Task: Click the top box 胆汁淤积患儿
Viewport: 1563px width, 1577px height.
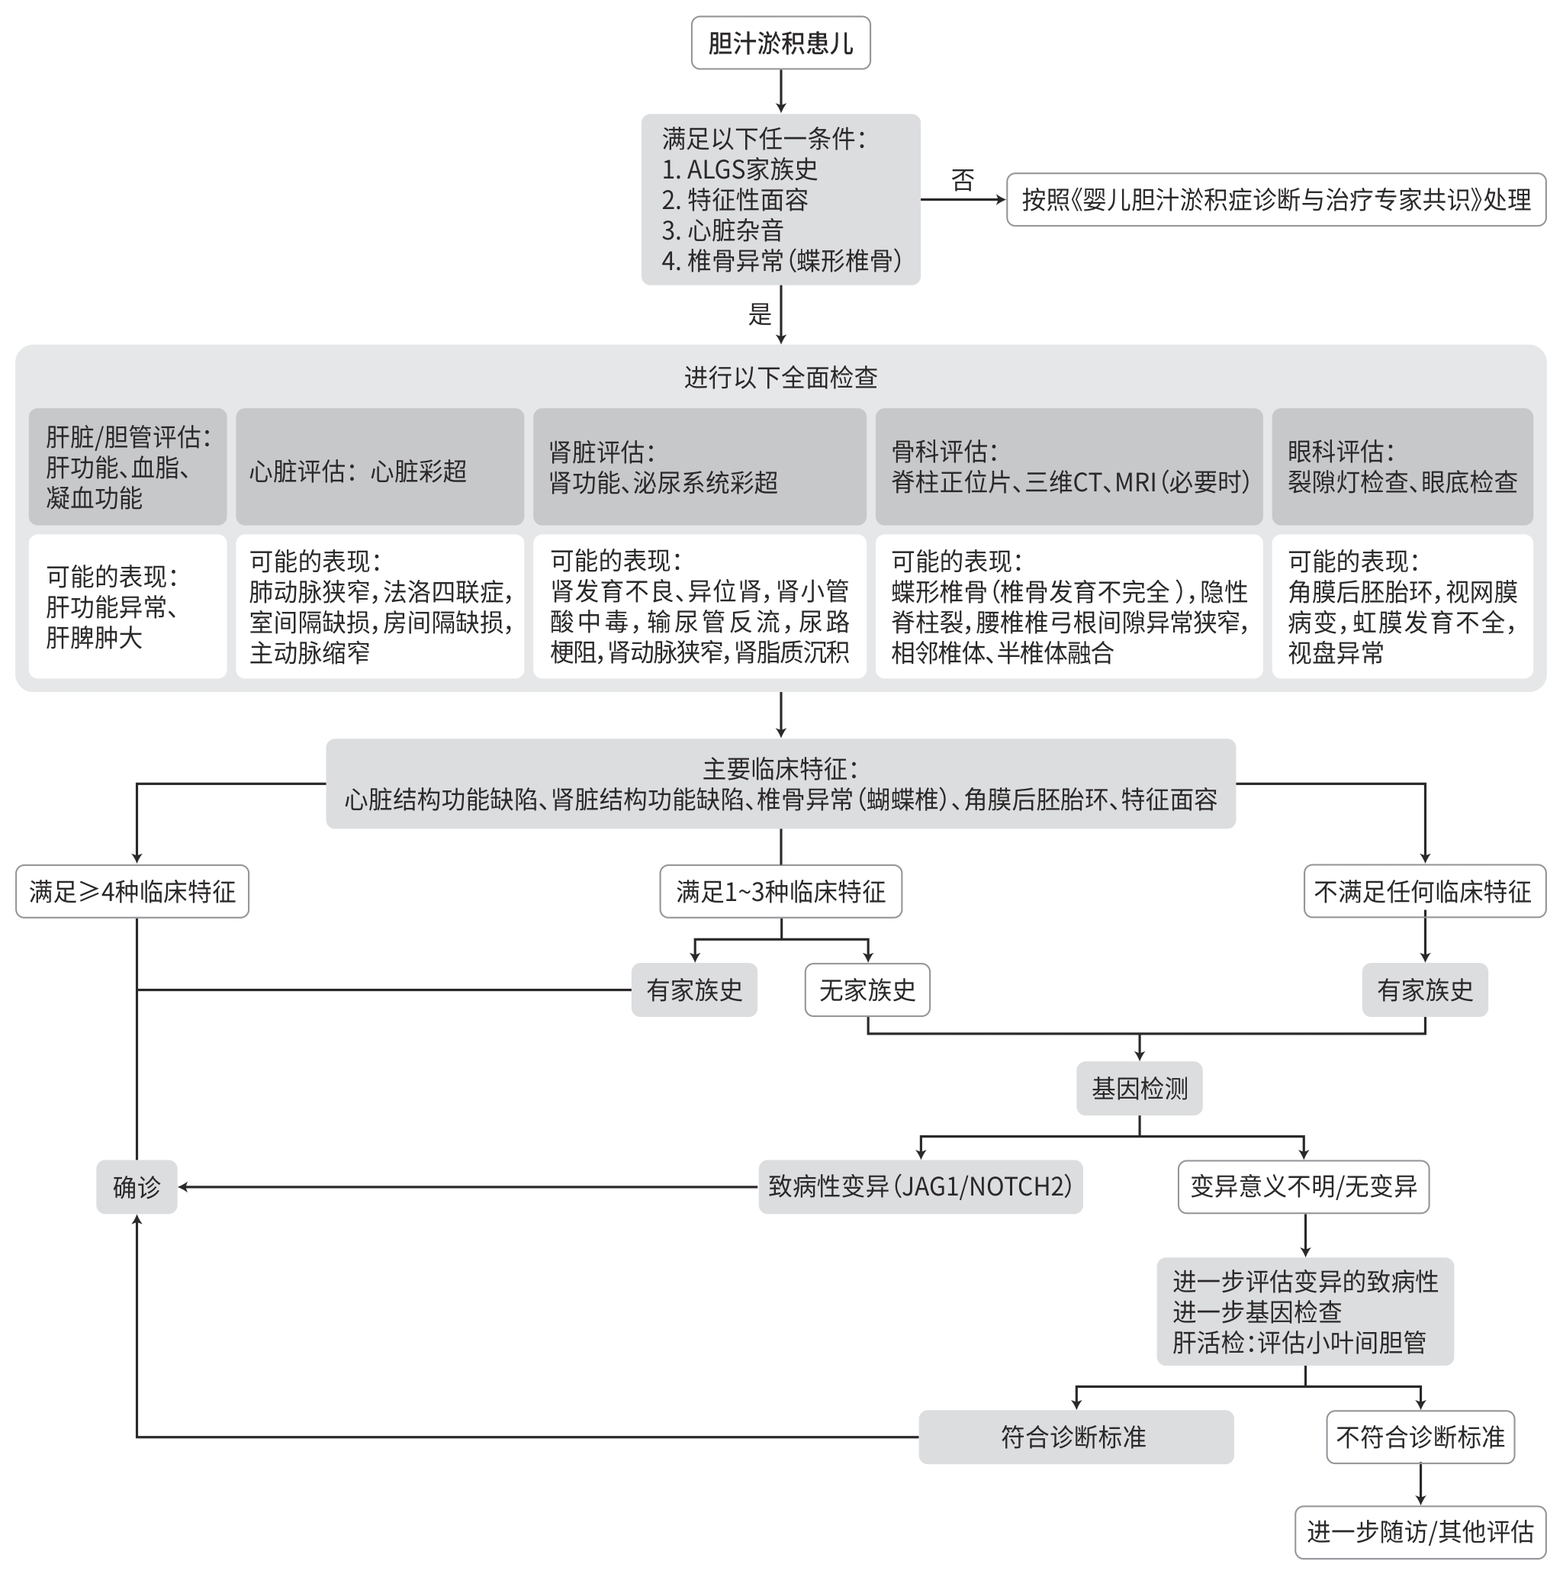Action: click(x=780, y=43)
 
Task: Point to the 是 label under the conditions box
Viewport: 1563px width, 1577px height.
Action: click(x=759, y=314)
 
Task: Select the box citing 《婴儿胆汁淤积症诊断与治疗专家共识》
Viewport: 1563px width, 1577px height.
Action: click(x=1275, y=200)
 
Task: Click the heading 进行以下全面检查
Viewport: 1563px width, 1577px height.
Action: click(x=780, y=378)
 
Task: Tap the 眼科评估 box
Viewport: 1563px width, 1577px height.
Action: click(x=1401, y=467)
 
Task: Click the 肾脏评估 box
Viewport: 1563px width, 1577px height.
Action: click(x=699, y=467)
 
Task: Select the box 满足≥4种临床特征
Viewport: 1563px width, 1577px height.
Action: click(x=132, y=891)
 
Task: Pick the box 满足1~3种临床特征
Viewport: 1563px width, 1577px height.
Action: click(x=780, y=891)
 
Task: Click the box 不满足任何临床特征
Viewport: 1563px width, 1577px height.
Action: click(x=1423, y=891)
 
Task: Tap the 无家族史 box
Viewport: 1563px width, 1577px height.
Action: click(x=867, y=990)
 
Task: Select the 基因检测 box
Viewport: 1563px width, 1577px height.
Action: click(x=1139, y=1088)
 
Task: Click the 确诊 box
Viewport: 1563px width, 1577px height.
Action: click(x=137, y=1187)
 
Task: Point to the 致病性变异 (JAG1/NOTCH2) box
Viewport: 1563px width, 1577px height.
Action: click(x=920, y=1187)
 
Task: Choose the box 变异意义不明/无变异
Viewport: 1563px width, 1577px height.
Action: click(x=1303, y=1187)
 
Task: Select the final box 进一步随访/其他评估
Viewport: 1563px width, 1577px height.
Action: click(x=1420, y=1532)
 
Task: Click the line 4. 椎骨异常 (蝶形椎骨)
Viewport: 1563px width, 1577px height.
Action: click(x=781, y=261)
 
